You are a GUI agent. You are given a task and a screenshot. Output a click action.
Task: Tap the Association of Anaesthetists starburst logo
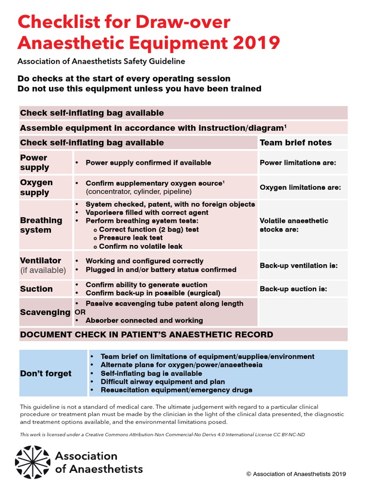pyautogui.click(x=32, y=463)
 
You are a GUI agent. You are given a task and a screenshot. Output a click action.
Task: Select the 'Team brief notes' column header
pyautogui.click(x=295, y=142)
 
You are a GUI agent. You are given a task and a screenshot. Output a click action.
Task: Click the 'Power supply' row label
pyautogui.click(x=35, y=162)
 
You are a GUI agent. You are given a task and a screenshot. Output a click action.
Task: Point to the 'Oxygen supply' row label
pyautogui.click(x=37, y=187)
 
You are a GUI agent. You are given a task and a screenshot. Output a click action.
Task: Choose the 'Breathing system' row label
pyautogui.click(x=41, y=225)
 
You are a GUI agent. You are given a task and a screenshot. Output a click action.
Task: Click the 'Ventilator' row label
pyautogui.click(x=40, y=260)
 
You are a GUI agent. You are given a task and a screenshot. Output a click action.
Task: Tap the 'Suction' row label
pyautogui.click(x=37, y=289)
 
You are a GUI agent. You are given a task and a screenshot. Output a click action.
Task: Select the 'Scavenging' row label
pyautogui.click(x=45, y=312)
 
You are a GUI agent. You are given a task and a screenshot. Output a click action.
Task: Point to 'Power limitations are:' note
pyautogui.click(x=297, y=163)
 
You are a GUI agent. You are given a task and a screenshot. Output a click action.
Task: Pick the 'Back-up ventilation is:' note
pyautogui.click(x=298, y=265)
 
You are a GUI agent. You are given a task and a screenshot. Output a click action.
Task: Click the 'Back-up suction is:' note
pyautogui.click(x=293, y=289)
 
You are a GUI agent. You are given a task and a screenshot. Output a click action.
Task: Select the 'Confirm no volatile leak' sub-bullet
pyautogui.click(x=141, y=246)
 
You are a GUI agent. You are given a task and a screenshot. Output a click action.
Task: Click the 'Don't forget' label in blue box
pyautogui.click(x=46, y=373)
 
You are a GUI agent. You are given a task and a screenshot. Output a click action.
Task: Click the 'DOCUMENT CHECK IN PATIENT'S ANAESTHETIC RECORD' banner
pyautogui.click(x=147, y=334)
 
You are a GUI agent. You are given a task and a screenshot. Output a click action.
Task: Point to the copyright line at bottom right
pyautogui.click(x=295, y=474)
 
